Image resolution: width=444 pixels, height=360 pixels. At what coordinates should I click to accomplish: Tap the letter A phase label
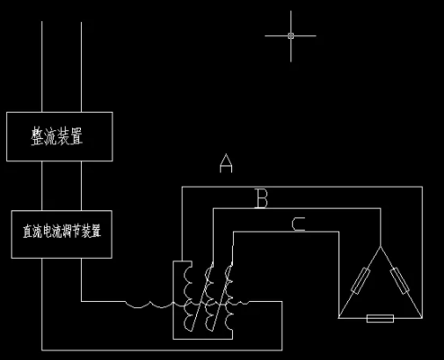pos(226,163)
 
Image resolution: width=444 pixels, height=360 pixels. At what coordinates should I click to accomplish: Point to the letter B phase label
pos(262,198)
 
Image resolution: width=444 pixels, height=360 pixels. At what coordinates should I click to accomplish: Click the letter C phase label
pos(299,224)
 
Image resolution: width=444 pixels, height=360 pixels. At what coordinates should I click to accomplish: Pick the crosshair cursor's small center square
pos(291,36)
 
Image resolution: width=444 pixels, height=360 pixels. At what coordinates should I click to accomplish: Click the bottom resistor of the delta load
pos(380,319)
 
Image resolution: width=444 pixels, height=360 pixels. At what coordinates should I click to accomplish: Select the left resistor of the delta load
pos(360,281)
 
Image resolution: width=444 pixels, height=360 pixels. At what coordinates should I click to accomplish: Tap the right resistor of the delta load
pos(400,281)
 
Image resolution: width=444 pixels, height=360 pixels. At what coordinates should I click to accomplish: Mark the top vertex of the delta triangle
pos(381,246)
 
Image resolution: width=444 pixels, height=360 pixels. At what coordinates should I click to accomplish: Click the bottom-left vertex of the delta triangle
pos(338,318)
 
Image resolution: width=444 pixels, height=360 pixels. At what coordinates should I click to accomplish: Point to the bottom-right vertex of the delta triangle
pos(422,318)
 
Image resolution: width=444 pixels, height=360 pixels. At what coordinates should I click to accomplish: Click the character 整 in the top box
pos(37,136)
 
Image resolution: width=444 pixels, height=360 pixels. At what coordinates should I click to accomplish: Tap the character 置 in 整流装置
pos(76,136)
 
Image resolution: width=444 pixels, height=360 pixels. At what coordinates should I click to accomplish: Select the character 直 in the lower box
pos(27,231)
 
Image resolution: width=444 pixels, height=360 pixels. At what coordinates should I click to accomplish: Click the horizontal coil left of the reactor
pos(149,305)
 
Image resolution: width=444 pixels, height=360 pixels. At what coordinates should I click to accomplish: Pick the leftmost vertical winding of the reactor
pos(188,297)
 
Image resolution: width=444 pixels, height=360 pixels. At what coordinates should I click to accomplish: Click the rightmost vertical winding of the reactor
pos(229,297)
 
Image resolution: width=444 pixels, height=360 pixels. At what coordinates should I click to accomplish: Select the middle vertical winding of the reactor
pos(208,297)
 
